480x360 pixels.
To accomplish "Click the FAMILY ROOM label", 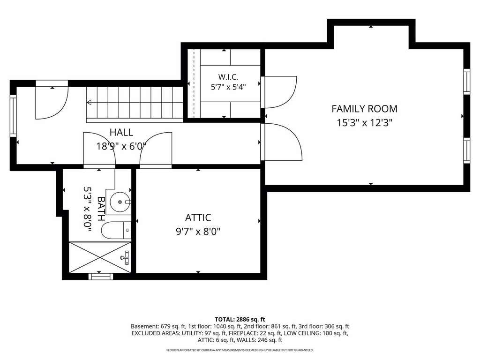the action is (x=364, y=109).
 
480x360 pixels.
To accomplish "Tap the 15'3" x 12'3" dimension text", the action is (x=364, y=123).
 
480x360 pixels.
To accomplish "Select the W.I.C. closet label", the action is (x=228, y=77).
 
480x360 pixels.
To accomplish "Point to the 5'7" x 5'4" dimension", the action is (x=228, y=87).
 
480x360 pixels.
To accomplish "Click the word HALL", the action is (x=121, y=132).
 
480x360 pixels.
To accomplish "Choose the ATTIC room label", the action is (x=198, y=217).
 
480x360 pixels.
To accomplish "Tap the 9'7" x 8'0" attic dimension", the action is (x=198, y=232).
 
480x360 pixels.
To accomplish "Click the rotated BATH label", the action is (x=101, y=209).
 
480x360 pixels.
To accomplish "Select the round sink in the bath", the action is (x=120, y=202).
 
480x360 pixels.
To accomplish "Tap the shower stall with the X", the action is (x=100, y=257).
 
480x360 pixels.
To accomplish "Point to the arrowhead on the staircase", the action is (x=89, y=102).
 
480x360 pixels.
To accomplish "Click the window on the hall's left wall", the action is (x=13, y=116).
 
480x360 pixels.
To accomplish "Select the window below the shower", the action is (x=101, y=277).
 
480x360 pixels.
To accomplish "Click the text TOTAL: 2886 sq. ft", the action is (x=240, y=320).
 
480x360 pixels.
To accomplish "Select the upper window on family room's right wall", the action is (x=466, y=82).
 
